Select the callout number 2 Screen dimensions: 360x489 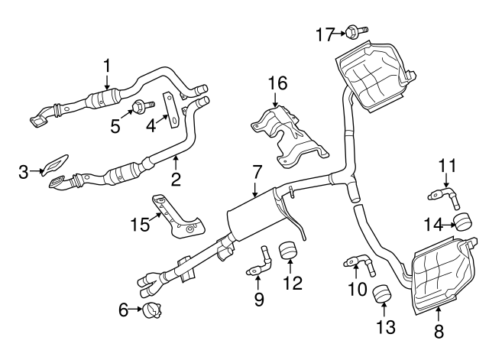pos(176,181)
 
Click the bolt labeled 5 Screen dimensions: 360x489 pos(139,106)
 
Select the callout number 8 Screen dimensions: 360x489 pos(438,331)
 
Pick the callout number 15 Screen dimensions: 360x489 pos(139,223)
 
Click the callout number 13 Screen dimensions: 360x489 pos(387,327)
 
